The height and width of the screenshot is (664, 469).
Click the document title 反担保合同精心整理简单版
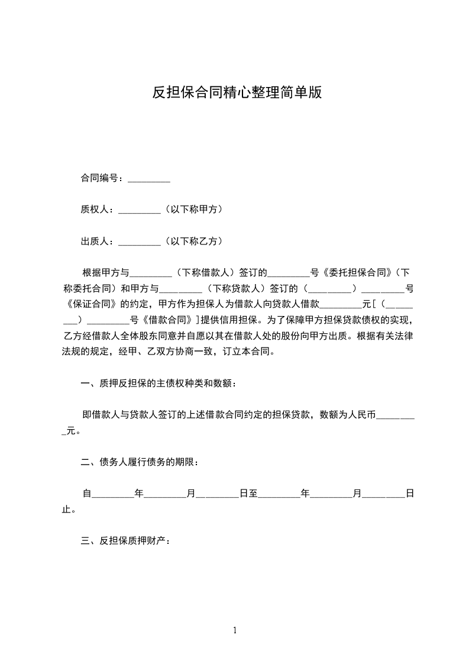pos(237,93)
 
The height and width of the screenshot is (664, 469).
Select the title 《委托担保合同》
pos(357,273)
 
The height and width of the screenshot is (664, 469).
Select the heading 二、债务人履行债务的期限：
pos(140,462)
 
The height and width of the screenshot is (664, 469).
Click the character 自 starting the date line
pos(87,494)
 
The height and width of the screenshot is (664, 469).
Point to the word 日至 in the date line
pos(248,494)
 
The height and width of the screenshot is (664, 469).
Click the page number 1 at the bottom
pos(235,631)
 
